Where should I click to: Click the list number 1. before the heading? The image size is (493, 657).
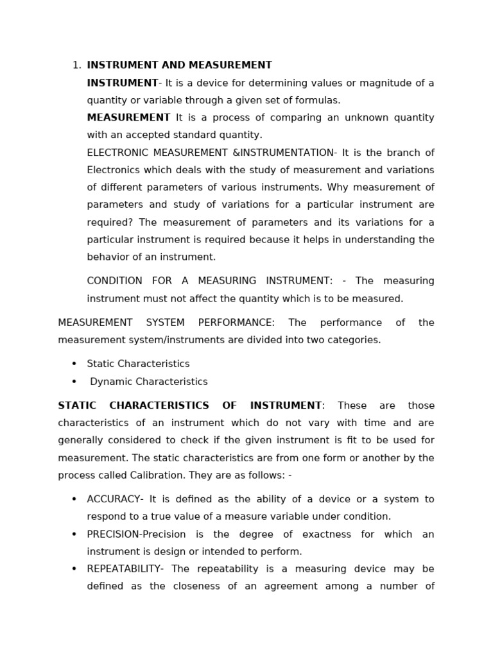76,65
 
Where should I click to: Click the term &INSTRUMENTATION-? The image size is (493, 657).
282,153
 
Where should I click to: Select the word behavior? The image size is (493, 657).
107,257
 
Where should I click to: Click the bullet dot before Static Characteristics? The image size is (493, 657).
74,364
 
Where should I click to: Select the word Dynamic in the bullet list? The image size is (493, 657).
109,382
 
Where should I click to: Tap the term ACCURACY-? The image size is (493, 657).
116,499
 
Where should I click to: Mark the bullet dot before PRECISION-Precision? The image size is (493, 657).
74,534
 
